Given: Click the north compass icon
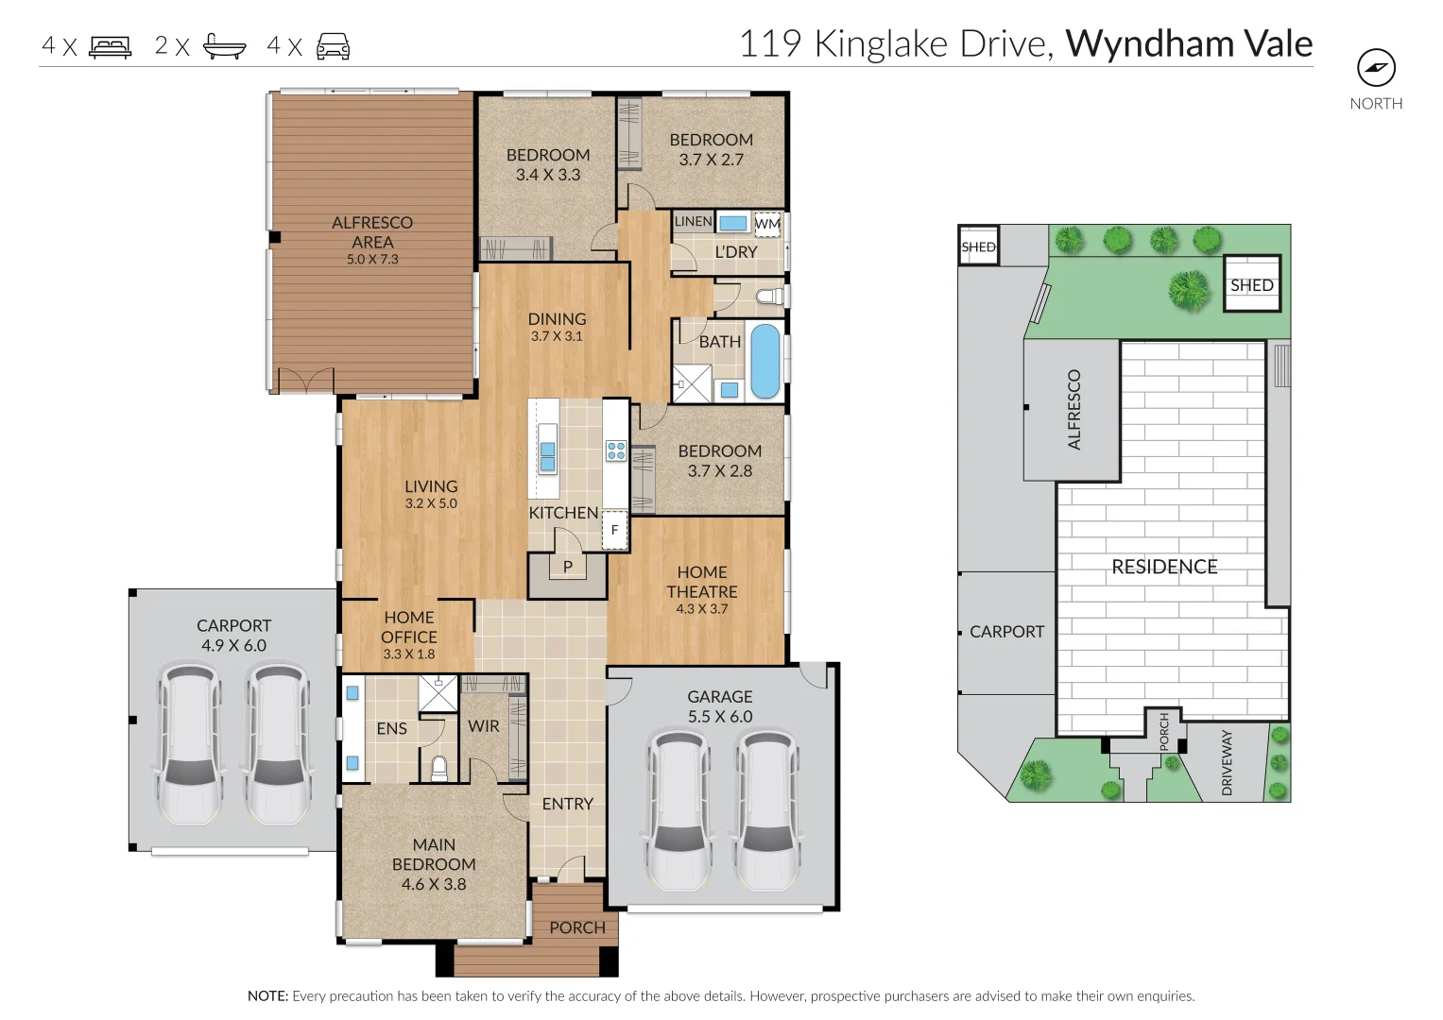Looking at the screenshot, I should tap(1376, 67).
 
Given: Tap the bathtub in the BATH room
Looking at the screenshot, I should tap(764, 361).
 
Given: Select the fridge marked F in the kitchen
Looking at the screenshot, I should tap(614, 530).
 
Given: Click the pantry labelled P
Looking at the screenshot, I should tap(568, 567).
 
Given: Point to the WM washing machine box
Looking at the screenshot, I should tap(767, 224).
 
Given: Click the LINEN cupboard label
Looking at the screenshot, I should tap(693, 221).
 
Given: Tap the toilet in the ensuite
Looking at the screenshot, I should tap(438, 768).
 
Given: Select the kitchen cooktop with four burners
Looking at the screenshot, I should tap(616, 450).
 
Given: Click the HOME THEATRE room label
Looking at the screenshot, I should tap(702, 582).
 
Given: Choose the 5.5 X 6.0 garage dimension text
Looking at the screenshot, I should tap(720, 717).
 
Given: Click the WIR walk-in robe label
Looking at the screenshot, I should tap(483, 726).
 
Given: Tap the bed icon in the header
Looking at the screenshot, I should tap(110, 46).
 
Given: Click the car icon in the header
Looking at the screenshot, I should tap(333, 46).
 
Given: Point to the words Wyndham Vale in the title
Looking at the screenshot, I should tap(1189, 44).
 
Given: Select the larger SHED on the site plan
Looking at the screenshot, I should tap(1252, 284).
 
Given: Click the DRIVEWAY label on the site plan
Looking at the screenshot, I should tap(1227, 762).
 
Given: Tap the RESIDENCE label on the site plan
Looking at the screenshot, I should tap(1164, 567).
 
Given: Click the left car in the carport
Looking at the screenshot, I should tap(191, 743).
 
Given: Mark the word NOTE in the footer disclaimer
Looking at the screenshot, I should tap(267, 995).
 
